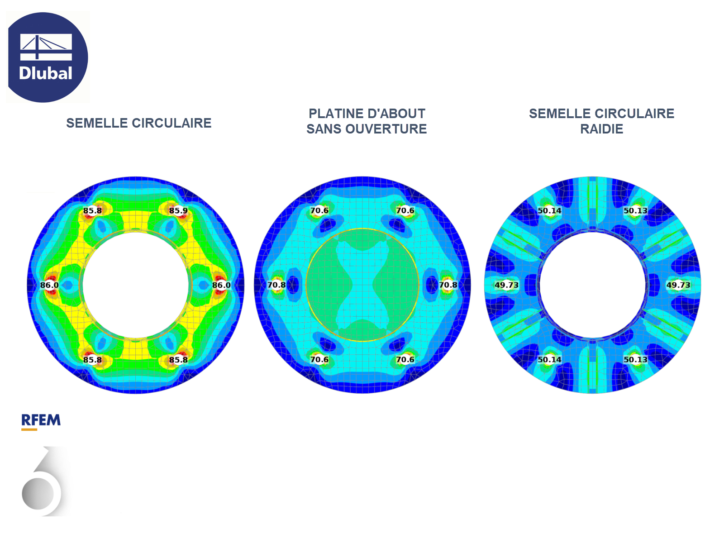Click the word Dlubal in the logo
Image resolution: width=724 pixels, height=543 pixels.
(46, 73)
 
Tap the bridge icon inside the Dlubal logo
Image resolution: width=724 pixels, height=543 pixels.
(46, 47)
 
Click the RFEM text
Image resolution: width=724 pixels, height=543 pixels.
(41, 420)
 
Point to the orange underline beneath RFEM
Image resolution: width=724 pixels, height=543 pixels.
(29, 429)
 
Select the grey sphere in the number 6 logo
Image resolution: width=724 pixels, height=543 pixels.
(38, 494)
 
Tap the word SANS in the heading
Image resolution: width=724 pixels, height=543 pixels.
(324, 129)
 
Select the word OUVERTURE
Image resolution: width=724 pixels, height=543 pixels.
(386, 129)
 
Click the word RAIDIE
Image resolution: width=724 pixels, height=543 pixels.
(602, 129)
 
